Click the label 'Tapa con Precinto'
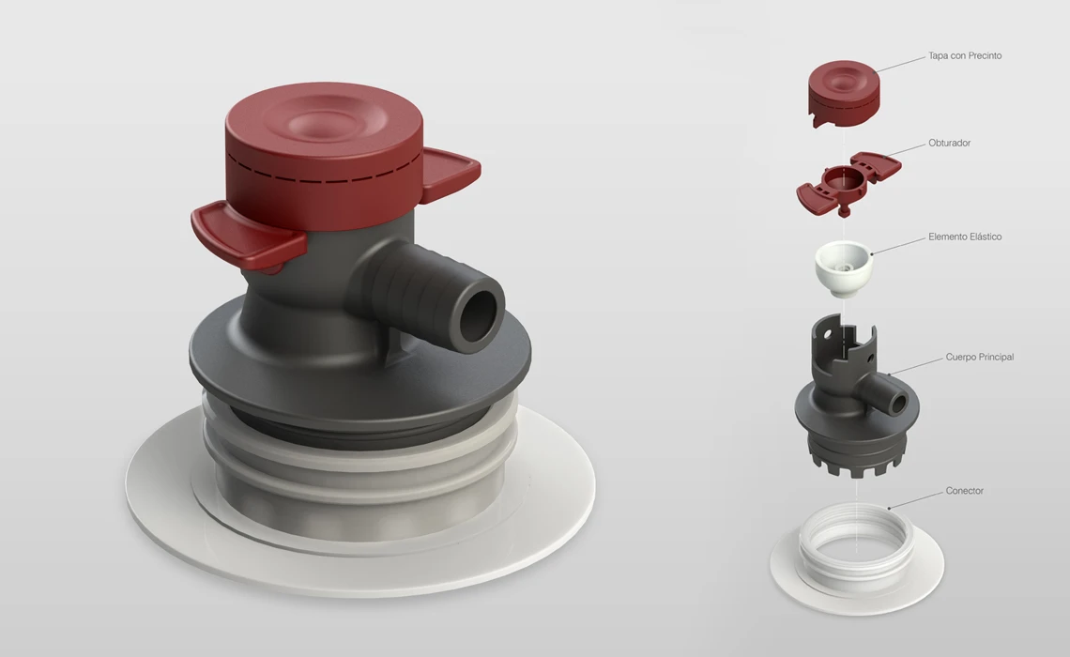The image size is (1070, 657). point(964,56)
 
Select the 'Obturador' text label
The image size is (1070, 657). point(949,144)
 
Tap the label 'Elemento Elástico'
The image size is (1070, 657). point(964,237)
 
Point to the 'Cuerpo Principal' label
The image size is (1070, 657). point(979,357)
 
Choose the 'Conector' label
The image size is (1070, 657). point(964,491)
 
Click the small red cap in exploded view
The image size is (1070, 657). point(844,94)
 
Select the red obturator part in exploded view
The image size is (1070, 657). point(848,181)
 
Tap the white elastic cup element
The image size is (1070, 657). point(844,268)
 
